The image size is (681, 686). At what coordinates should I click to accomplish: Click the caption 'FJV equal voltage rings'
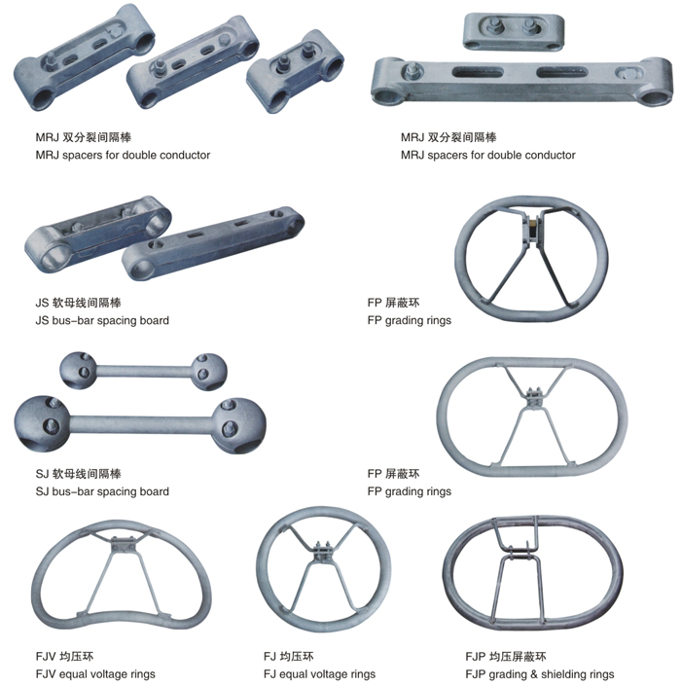[94, 673]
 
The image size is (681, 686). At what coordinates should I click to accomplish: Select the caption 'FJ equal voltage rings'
[319, 673]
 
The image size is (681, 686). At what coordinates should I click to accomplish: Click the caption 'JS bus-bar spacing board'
[101, 320]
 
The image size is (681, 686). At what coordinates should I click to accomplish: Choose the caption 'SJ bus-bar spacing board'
[101, 491]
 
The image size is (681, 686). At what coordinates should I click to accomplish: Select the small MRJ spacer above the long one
[514, 31]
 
